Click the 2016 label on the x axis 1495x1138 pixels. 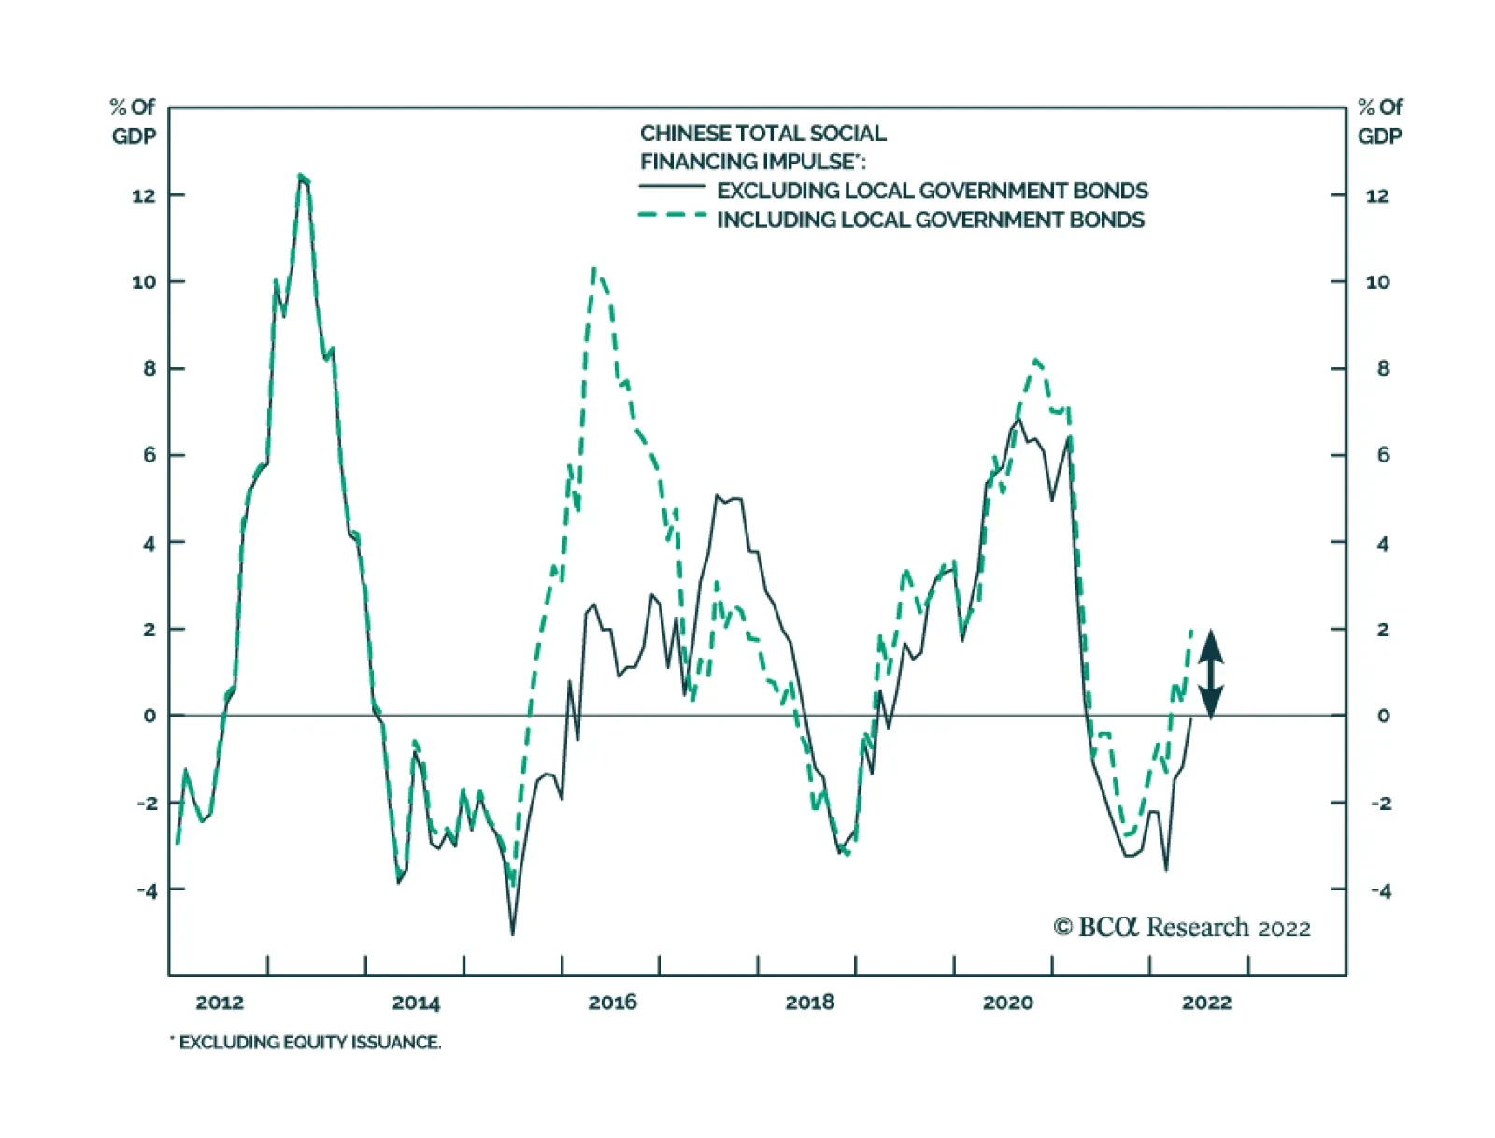(x=612, y=1003)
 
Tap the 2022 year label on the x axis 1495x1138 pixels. (x=1206, y=1003)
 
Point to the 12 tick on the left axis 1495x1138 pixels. (x=144, y=195)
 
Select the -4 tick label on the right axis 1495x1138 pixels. (x=1380, y=890)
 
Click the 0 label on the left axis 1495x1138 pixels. (x=149, y=716)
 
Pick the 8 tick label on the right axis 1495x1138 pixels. (x=1383, y=368)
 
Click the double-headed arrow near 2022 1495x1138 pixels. (x=1211, y=674)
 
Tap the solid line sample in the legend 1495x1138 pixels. (x=672, y=187)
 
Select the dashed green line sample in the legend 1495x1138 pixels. (x=672, y=216)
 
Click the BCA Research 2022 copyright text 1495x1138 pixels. (x=1182, y=927)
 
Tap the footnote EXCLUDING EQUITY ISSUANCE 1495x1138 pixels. (x=308, y=1042)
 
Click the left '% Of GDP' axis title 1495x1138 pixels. (x=134, y=121)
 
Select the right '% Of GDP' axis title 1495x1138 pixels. (x=1379, y=121)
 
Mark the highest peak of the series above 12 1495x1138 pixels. (x=301, y=175)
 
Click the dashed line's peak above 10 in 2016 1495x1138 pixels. (x=595, y=270)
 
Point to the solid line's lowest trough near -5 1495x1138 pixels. (x=512, y=933)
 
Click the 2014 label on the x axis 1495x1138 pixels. (x=416, y=1003)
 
